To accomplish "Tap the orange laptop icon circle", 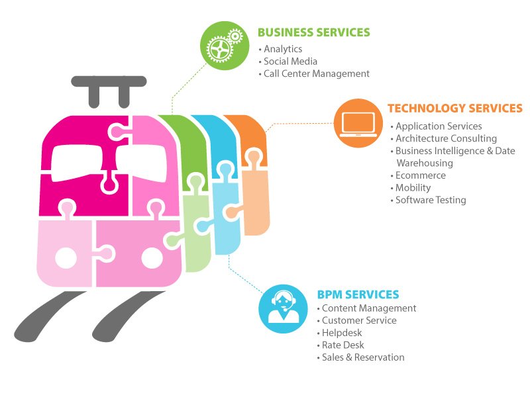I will (x=358, y=123).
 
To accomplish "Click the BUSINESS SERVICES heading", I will (x=313, y=32).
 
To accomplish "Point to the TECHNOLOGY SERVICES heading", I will (x=454, y=109).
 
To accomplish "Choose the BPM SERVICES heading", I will (x=358, y=294).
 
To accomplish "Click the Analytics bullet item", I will (x=283, y=49).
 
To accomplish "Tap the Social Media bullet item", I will (x=290, y=62).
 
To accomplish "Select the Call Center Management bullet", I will (x=316, y=74).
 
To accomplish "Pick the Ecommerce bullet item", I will (x=420, y=175).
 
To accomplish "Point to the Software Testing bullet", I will (x=431, y=200).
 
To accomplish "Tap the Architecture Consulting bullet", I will (x=446, y=138).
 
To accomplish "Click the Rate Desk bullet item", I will (x=343, y=345).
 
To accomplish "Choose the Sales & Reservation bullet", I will (x=362, y=357).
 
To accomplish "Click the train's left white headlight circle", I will (x=66, y=258).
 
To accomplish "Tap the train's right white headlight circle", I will (x=152, y=258).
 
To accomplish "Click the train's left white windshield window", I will (x=78, y=161).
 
